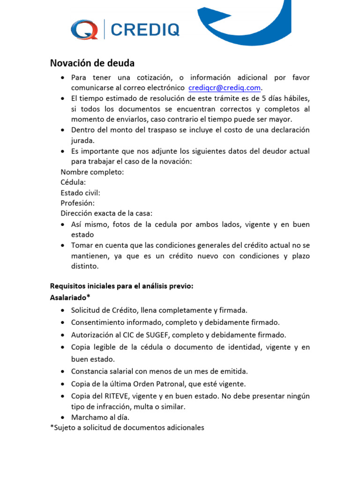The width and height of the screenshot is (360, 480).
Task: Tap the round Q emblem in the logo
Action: (x=84, y=30)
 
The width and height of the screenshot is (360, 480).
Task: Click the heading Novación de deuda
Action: (x=92, y=63)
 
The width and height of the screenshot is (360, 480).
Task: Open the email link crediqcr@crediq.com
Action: (x=224, y=88)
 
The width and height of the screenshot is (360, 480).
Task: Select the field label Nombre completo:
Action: (x=92, y=172)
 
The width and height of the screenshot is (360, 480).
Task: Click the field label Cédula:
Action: (x=73, y=182)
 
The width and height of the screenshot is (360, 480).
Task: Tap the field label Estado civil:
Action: (x=80, y=193)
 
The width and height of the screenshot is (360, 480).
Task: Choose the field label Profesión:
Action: (x=77, y=203)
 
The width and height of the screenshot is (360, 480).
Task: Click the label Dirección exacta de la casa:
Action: (x=106, y=213)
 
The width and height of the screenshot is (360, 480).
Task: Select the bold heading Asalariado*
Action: (x=70, y=298)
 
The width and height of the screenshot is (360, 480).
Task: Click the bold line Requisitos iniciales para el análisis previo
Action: (x=121, y=286)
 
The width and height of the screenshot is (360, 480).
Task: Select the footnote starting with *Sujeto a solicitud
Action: (x=127, y=427)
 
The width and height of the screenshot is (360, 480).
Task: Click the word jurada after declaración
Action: (x=82, y=140)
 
